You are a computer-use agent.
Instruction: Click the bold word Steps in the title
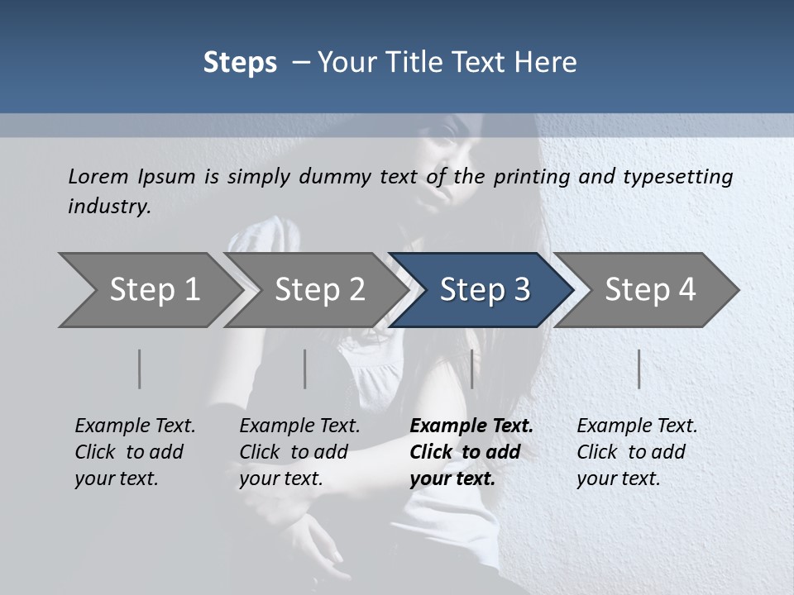[240, 63]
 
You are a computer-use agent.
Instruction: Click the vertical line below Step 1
[140, 369]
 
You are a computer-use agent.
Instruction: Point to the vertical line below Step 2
[305, 369]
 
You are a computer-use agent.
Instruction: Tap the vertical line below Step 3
[472, 369]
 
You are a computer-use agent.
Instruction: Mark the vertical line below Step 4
[639, 369]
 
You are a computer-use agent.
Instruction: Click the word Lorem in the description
[98, 176]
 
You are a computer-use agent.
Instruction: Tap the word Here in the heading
[549, 63]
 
